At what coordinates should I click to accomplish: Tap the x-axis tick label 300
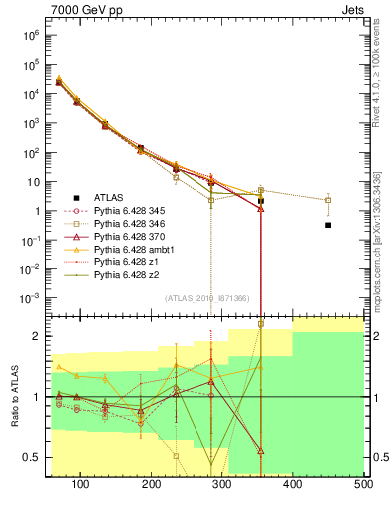[x=222, y=483]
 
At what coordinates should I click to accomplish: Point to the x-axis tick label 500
[x=364, y=483]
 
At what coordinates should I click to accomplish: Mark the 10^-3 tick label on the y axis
[x=29, y=298]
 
